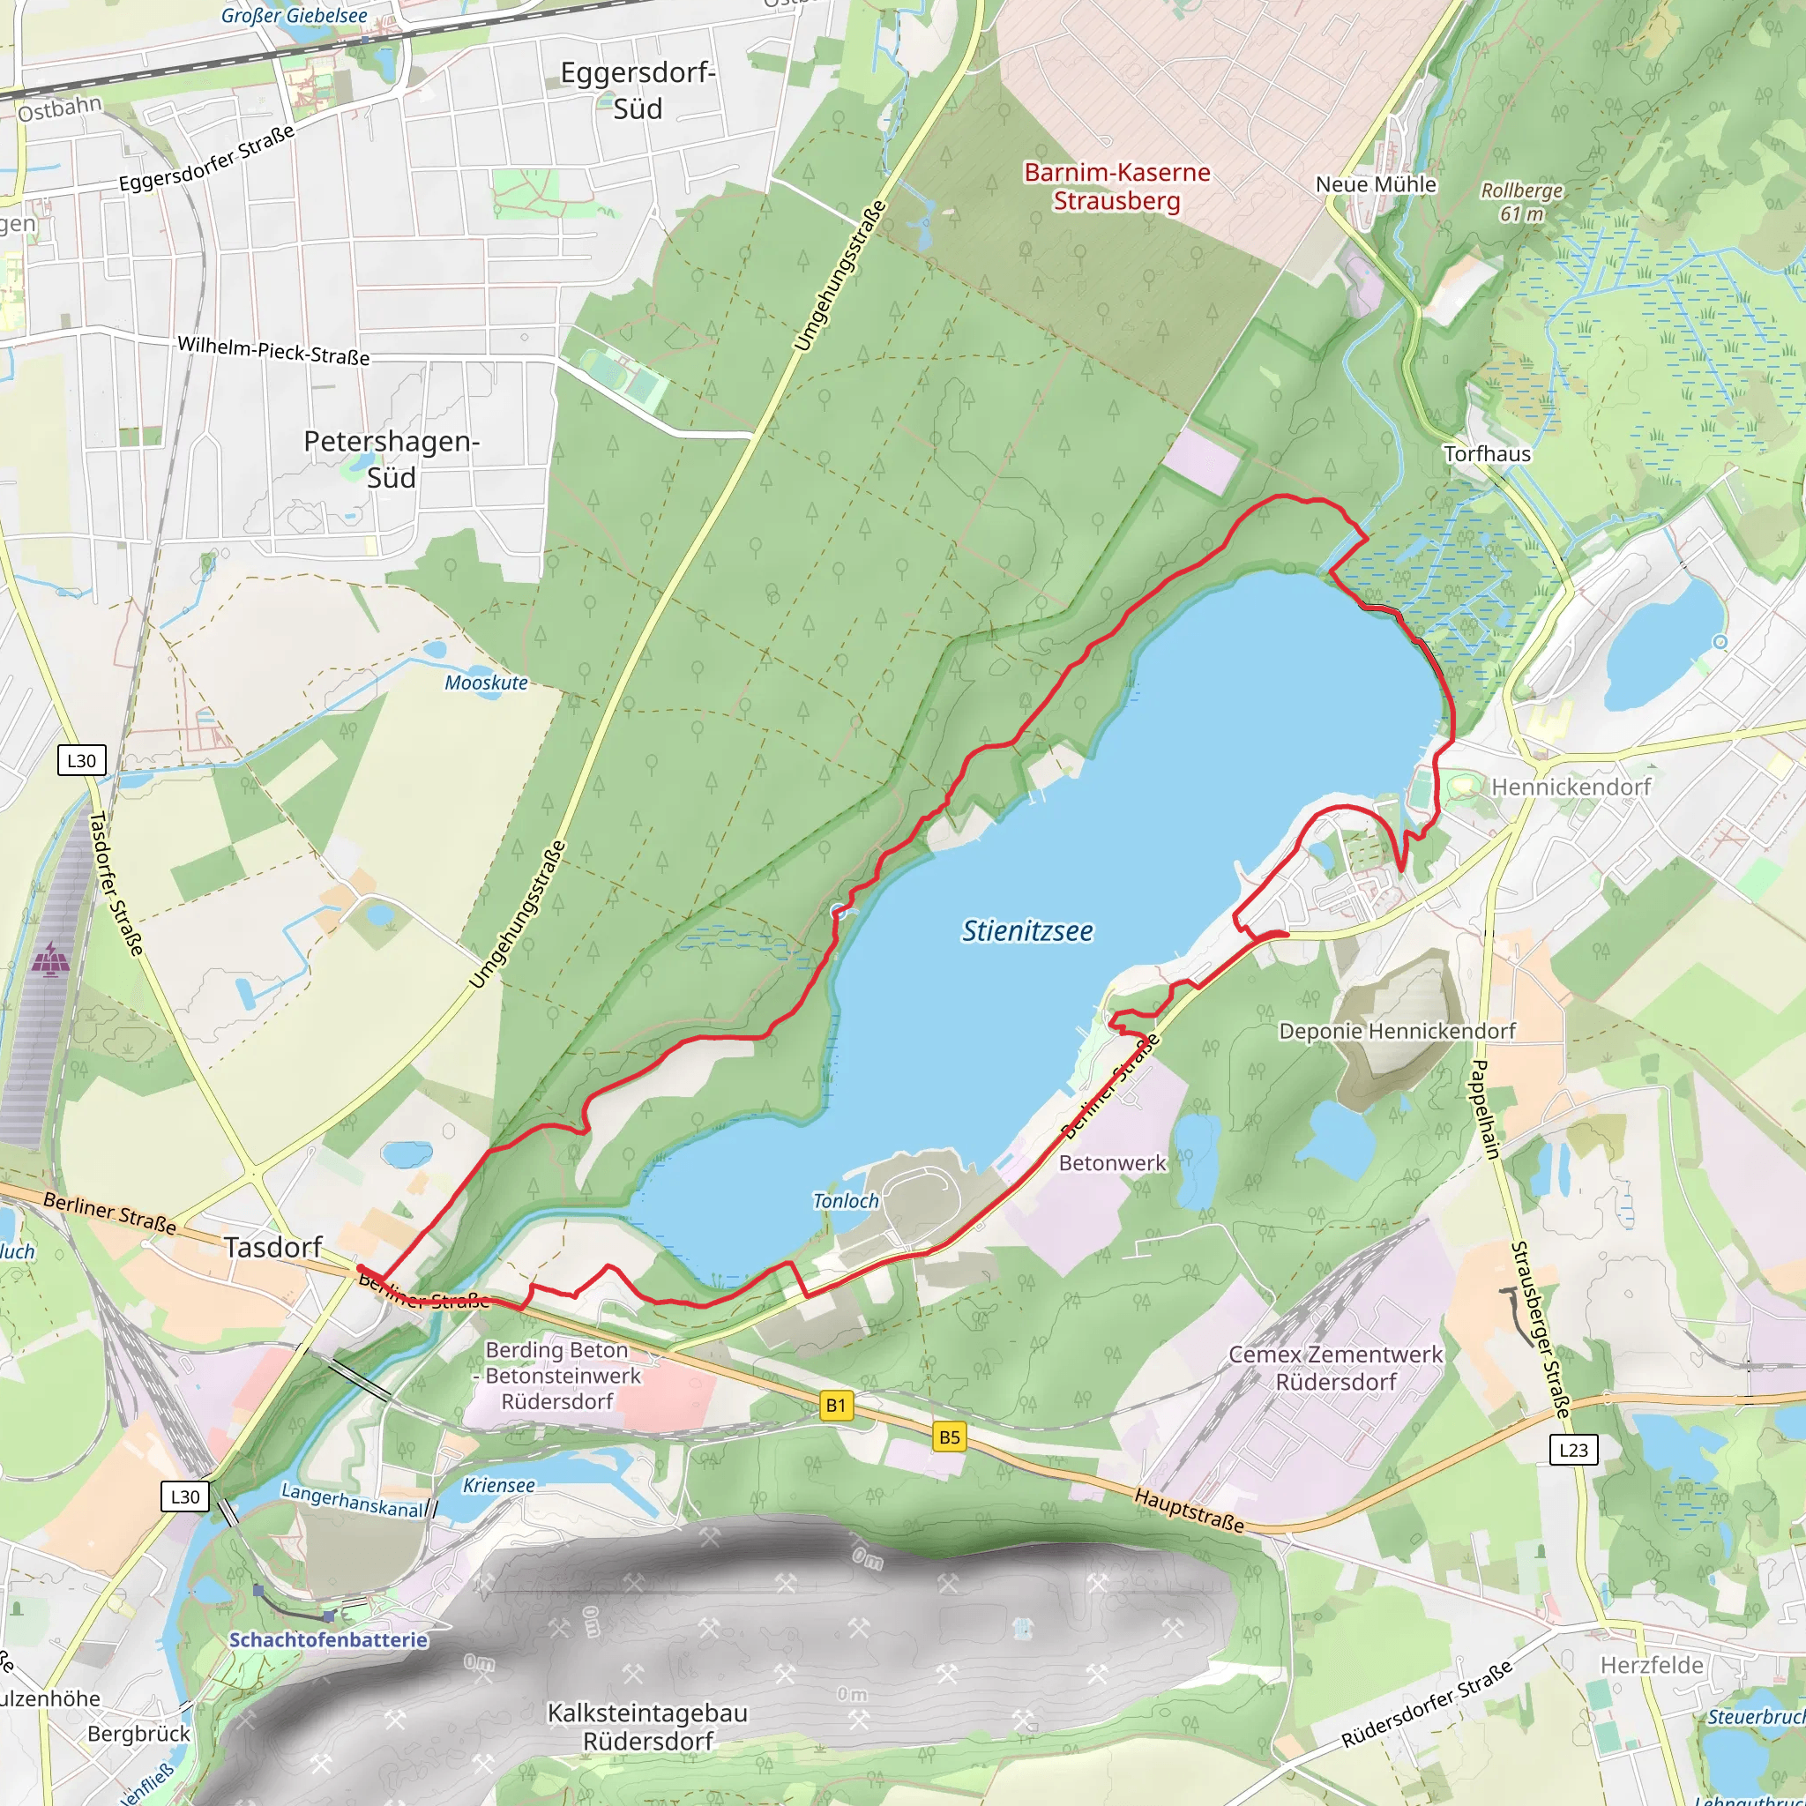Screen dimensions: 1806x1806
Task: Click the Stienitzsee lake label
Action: click(x=1027, y=931)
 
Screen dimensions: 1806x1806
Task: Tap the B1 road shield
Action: click(x=836, y=1405)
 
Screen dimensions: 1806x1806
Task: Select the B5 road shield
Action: click(x=949, y=1437)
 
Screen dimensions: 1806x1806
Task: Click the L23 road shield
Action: click(x=1573, y=1450)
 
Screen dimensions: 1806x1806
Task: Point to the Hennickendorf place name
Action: click(x=1571, y=787)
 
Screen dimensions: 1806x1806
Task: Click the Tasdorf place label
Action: click(x=273, y=1247)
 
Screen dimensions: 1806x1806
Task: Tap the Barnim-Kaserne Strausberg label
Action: click(x=1117, y=186)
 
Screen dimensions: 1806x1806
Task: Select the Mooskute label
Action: click(x=486, y=683)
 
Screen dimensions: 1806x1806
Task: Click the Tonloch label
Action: click(x=846, y=1201)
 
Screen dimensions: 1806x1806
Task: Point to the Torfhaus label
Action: click(x=1488, y=454)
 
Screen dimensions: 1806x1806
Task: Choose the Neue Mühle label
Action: click(x=1376, y=184)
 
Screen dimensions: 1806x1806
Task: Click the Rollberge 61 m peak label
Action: click(x=1522, y=202)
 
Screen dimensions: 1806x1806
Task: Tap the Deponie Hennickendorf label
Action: click(x=1397, y=1031)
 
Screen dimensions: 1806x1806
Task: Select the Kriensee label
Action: click(x=499, y=1485)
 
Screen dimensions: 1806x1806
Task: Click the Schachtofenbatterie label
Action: click(x=328, y=1639)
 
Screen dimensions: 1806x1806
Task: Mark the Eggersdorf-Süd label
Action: click(x=638, y=90)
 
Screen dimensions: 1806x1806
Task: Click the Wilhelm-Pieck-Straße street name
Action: click(x=274, y=351)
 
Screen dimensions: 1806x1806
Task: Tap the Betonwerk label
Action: click(x=1112, y=1163)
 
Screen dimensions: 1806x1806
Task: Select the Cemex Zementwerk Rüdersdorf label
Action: click(x=1336, y=1368)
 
